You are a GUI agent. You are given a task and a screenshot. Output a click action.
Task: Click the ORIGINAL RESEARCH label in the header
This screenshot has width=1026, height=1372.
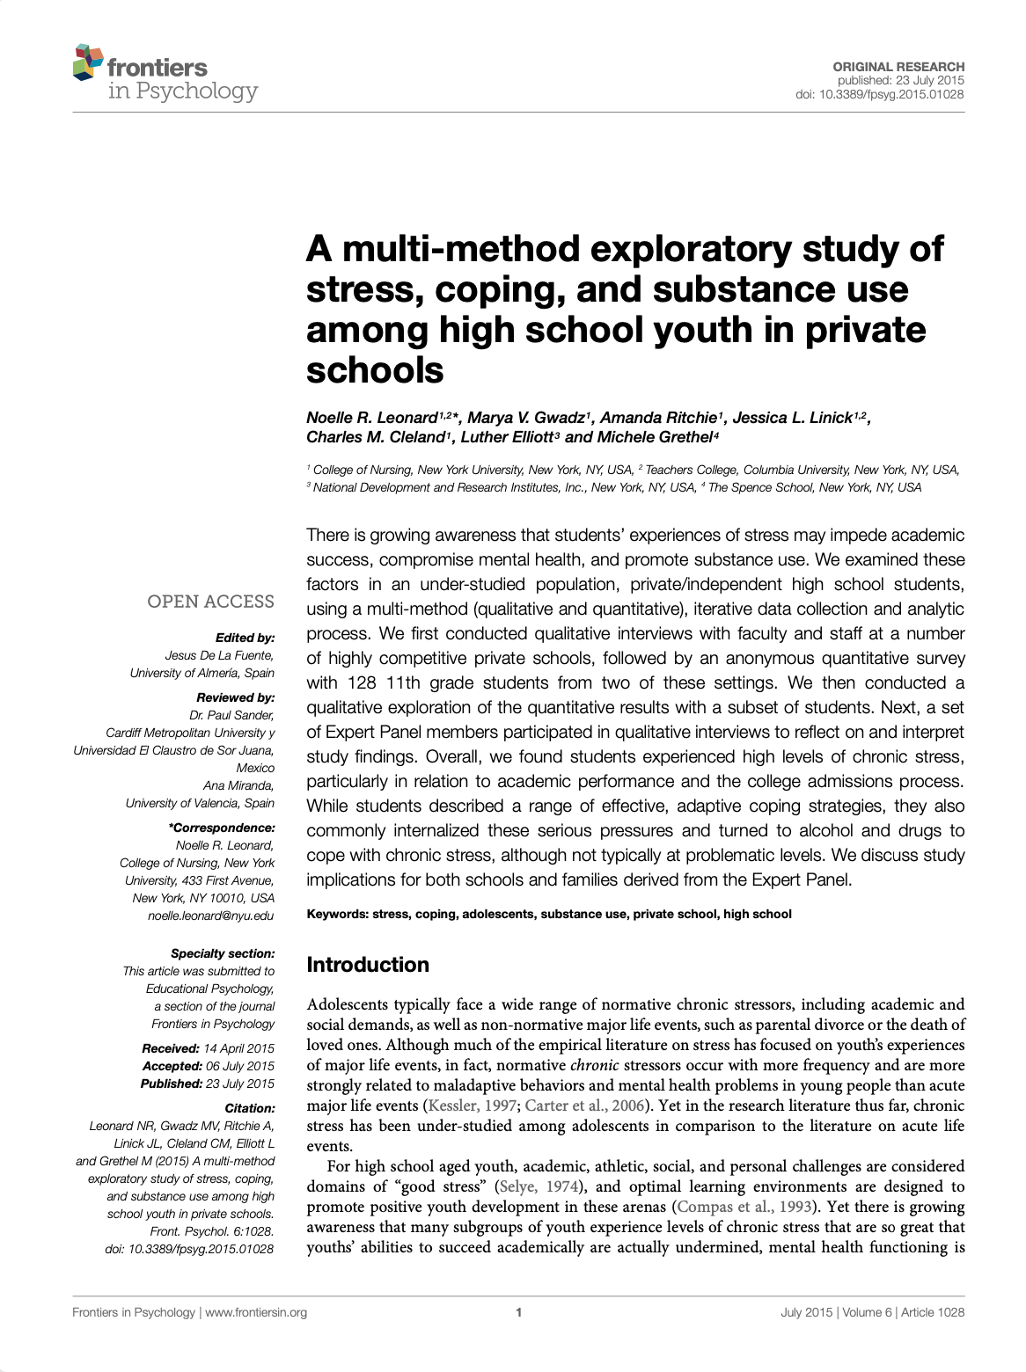click(x=898, y=67)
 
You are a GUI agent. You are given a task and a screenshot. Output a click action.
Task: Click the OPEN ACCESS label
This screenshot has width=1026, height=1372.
click(x=210, y=602)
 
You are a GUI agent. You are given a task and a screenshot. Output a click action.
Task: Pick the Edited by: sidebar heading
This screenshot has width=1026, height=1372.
click(x=245, y=638)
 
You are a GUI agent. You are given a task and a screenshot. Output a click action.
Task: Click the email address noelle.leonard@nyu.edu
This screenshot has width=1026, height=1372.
click(x=210, y=916)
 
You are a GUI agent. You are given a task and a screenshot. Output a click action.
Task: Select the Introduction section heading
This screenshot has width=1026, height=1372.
click(x=368, y=965)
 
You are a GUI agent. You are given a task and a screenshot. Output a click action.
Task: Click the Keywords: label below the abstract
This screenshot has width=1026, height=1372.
click(x=337, y=914)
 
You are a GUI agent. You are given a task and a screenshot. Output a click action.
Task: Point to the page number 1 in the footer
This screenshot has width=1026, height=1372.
click(x=518, y=1313)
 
